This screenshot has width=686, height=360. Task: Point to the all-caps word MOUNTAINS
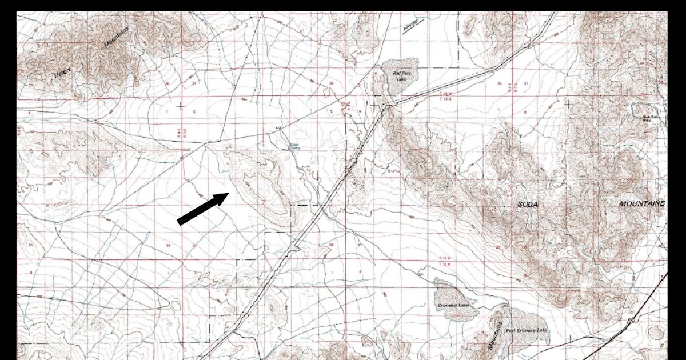pyautogui.click(x=642, y=204)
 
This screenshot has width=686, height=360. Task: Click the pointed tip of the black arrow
pyautogui.click(x=229, y=194)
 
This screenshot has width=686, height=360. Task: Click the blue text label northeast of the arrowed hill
pyautogui.click(x=294, y=146)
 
